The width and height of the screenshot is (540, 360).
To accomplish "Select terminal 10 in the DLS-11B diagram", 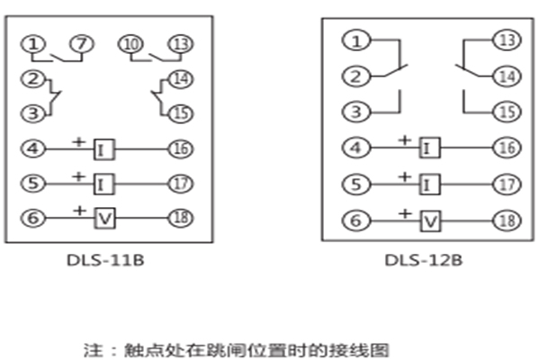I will click(x=130, y=43).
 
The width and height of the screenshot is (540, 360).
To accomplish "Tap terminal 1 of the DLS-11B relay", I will click(x=32, y=43).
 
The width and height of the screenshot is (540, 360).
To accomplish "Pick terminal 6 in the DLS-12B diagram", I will click(x=357, y=219).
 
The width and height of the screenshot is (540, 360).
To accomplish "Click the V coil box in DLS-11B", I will click(x=104, y=217).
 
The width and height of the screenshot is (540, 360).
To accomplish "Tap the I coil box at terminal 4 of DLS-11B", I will click(x=104, y=147).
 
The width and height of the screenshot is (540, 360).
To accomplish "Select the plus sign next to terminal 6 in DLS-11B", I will click(x=80, y=210).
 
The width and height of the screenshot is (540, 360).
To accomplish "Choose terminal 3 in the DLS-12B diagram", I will click(x=357, y=112).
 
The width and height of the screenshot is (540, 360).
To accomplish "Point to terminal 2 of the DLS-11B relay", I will click(x=32, y=78).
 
